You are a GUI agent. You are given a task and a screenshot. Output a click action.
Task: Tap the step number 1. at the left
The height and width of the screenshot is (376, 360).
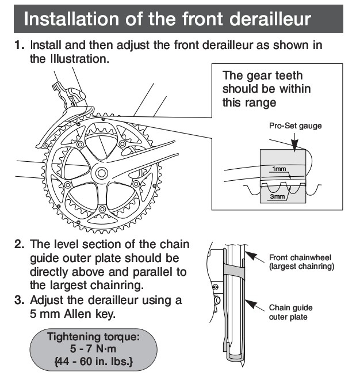coord(20,44)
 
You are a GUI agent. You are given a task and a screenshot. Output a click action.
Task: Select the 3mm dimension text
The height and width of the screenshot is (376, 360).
coord(278,196)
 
